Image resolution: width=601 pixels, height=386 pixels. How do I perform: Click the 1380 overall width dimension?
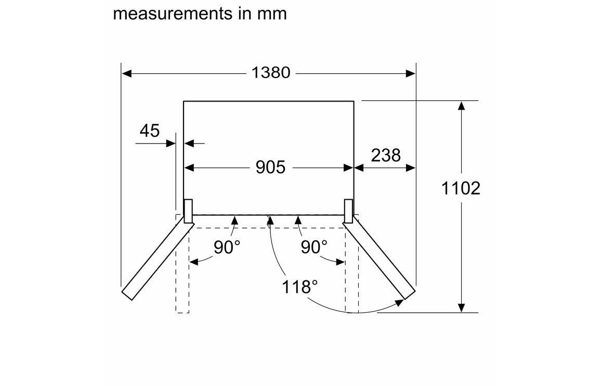pos(271,72)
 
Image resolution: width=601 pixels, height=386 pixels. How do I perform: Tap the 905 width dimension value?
pos(270,168)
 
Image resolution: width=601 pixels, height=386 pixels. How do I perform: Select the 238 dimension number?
pos(386,155)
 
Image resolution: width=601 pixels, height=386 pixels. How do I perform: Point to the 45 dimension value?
pos(150,131)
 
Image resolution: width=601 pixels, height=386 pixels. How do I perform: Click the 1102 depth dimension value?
pos(461,188)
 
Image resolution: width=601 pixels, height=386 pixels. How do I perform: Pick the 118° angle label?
pos(300,287)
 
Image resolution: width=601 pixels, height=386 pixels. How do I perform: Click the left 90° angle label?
pos(227,247)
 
